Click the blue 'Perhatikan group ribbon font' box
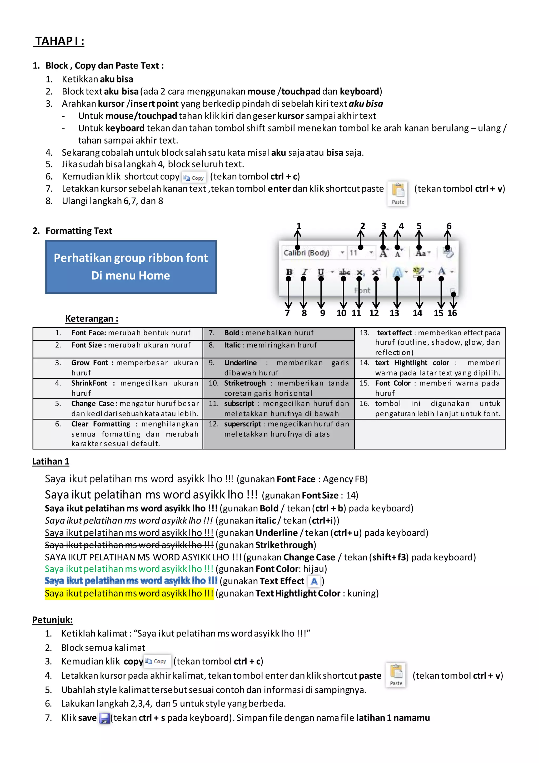click(131, 267)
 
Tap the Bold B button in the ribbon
click(289, 272)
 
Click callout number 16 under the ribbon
click(452, 313)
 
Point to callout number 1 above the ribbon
click(298, 226)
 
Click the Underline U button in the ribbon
click(321, 272)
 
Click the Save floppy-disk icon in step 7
click(104, 718)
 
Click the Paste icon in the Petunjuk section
click(396, 675)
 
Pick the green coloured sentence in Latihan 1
click(129, 569)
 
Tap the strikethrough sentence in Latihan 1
click(129, 545)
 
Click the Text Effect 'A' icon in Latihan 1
click(314, 581)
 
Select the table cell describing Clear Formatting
click(118, 434)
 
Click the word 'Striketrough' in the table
click(245, 383)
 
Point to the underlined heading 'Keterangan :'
click(92, 319)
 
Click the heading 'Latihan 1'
click(51, 462)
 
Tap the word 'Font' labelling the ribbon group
click(362, 290)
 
